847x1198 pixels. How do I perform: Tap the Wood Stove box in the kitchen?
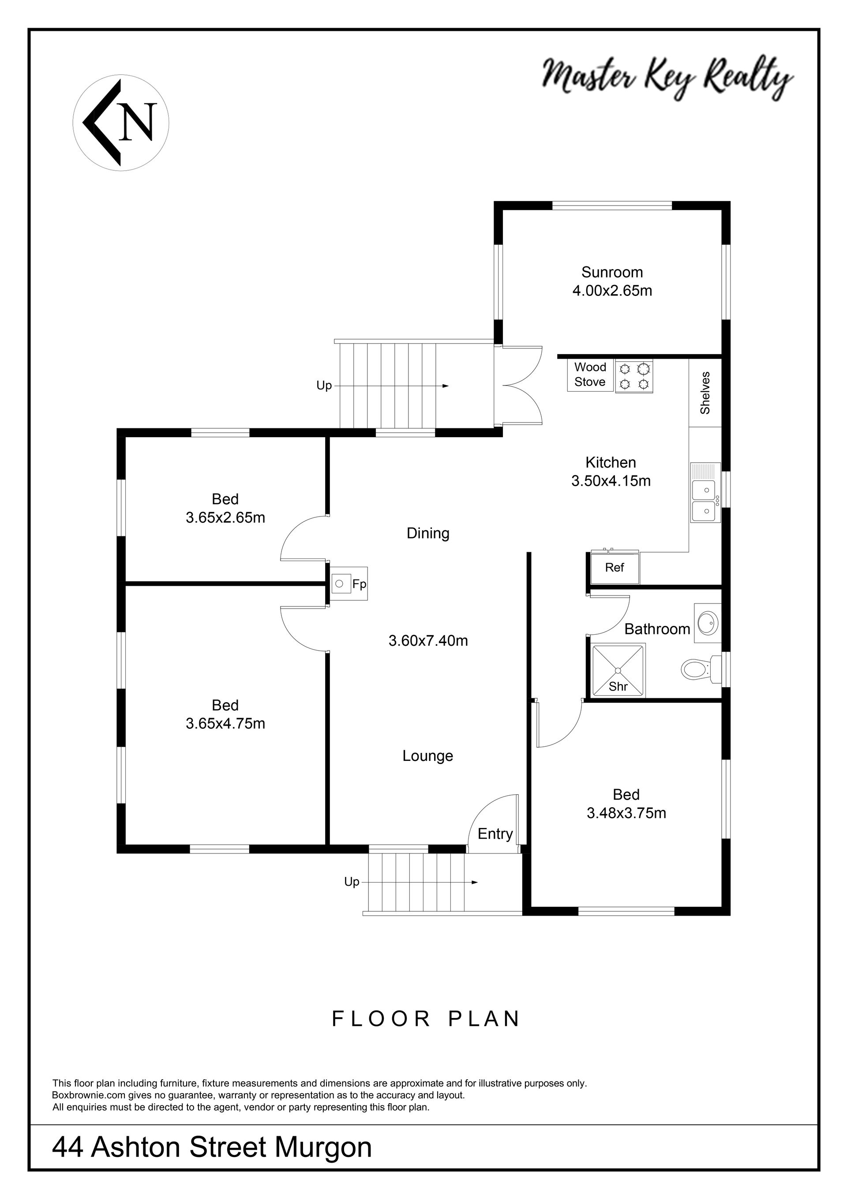point(590,374)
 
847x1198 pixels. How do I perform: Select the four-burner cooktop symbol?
point(633,377)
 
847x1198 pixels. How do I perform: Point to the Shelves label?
point(705,393)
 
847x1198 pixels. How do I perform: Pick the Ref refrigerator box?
point(615,568)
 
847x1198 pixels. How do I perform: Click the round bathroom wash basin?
point(708,622)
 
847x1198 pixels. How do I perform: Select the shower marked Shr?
point(618,670)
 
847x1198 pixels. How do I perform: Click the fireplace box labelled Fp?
point(349,584)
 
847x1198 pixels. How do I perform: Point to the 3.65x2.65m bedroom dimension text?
point(225,517)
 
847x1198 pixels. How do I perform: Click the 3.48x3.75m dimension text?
point(626,812)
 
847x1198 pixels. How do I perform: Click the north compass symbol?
point(120,122)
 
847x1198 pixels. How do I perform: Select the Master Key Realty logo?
point(667,78)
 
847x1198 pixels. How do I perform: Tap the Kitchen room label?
point(611,462)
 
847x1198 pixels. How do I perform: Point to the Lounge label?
point(427,756)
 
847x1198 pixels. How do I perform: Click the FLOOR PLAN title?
point(426,1018)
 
